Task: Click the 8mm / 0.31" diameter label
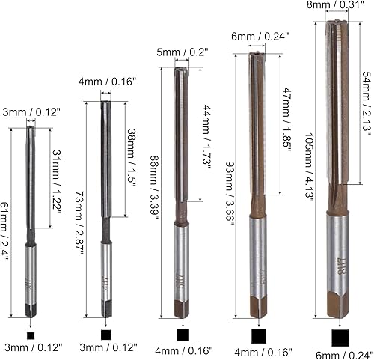(x=335, y=4)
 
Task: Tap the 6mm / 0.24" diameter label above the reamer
(x=260, y=37)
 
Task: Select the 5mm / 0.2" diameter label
(x=183, y=52)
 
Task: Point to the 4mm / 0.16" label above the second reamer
(x=107, y=82)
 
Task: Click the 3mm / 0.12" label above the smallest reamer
(x=31, y=112)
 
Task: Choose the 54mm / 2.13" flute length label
(x=367, y=103)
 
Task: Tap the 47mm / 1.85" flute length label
(x=286, y=120)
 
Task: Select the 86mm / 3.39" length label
(x=154, y=187)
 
